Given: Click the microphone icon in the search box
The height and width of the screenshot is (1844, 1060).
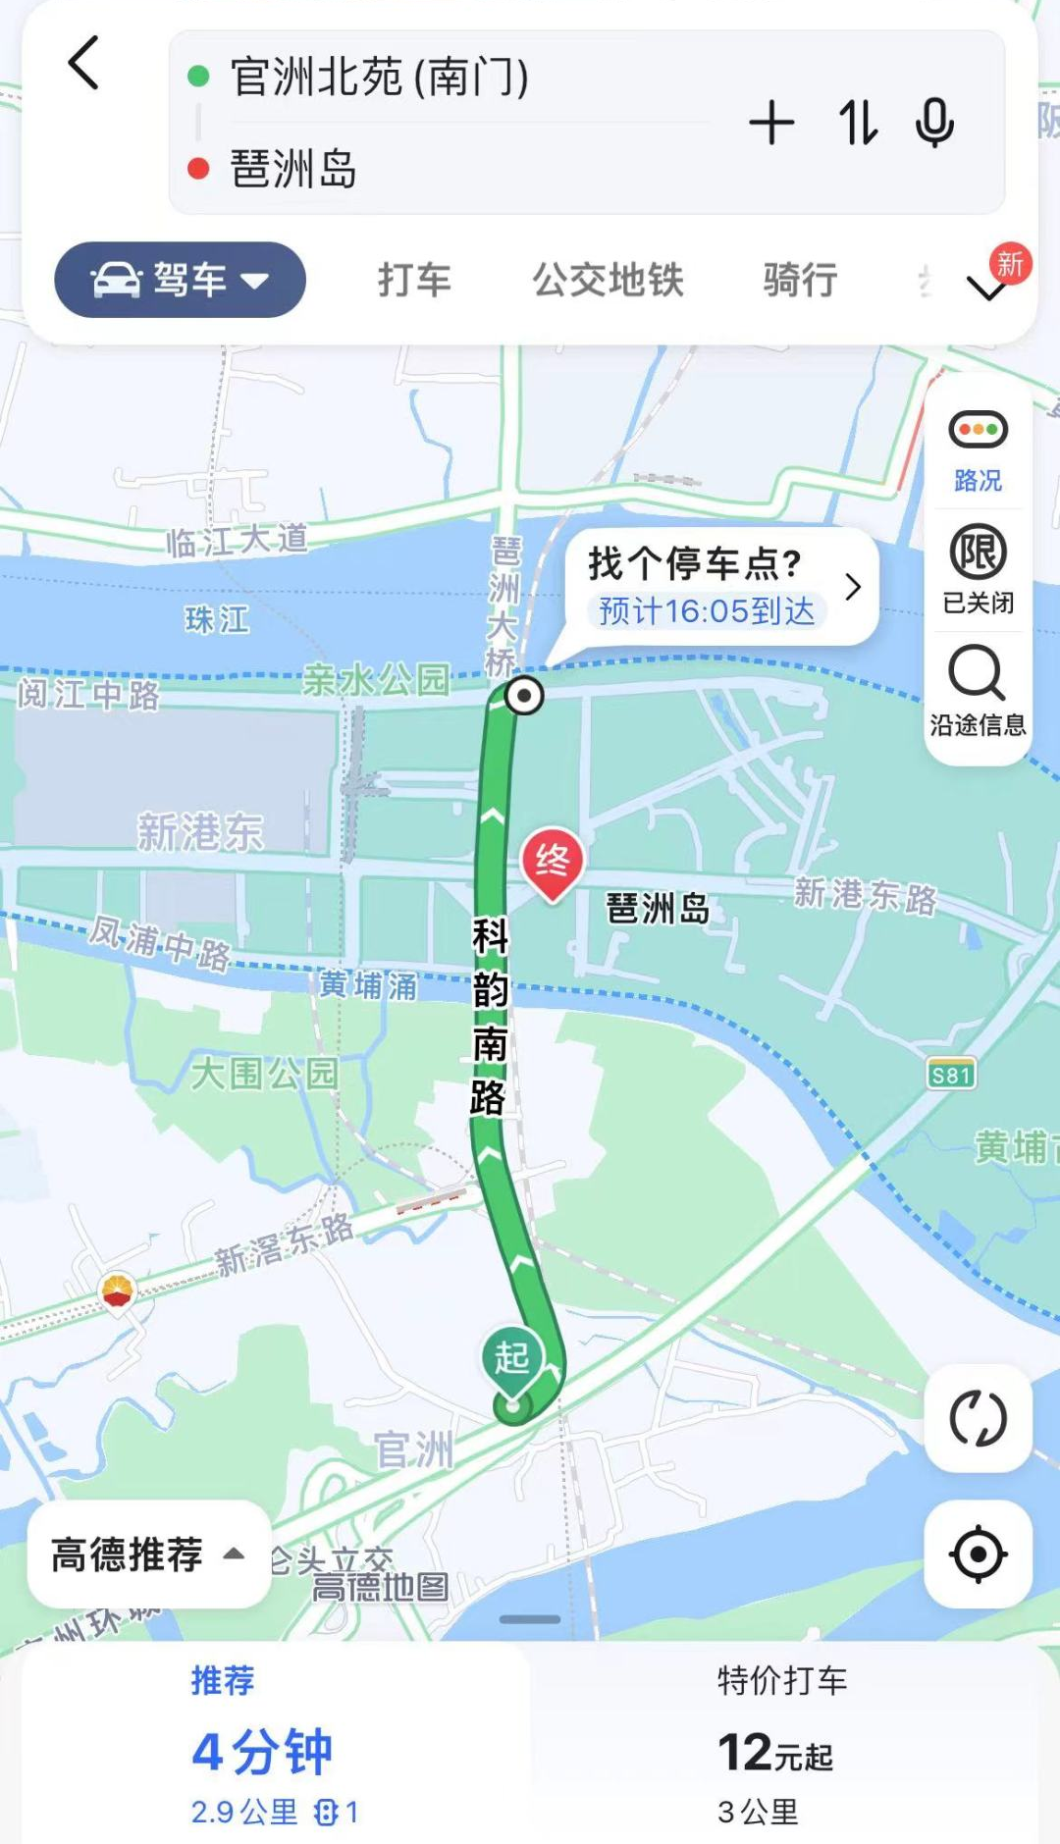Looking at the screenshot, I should click(x=933, y=124).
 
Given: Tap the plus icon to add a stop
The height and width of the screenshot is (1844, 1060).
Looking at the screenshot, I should click(x=771, y=124).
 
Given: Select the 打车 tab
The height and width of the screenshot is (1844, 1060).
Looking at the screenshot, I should click(x=414, y=281).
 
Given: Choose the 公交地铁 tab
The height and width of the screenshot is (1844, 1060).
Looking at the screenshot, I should click(x=608, y=281).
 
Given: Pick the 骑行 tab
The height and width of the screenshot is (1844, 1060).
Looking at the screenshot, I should click(x=800, y=281).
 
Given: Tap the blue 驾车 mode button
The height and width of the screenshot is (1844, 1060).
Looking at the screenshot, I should click(x=180, y=281).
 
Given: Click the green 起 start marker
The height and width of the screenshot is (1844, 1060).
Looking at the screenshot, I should click(x=511, y=1359).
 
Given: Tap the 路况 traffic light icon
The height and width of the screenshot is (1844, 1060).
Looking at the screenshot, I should click(x=978, y=430).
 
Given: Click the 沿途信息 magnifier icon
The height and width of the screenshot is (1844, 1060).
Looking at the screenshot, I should click(x=977, y=673).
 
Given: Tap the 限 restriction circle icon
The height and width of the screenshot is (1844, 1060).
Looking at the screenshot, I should click(x=978, y=553).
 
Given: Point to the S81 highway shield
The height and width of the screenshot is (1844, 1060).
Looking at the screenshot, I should click(x=951, y=1075).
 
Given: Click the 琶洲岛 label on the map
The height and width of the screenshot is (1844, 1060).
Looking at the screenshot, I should click(x=658, y=909).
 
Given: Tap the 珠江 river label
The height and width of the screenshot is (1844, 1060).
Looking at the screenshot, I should click(x=217, y=619).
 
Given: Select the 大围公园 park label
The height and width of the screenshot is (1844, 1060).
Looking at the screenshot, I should click(x=264, y=1073).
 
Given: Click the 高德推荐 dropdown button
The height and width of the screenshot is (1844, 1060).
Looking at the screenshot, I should click(x=148, y=1554).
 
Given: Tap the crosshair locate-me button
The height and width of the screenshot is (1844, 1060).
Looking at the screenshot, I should click(x=978, y=1554).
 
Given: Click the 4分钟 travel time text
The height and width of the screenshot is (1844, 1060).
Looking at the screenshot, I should click(x=262, y=1752).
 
